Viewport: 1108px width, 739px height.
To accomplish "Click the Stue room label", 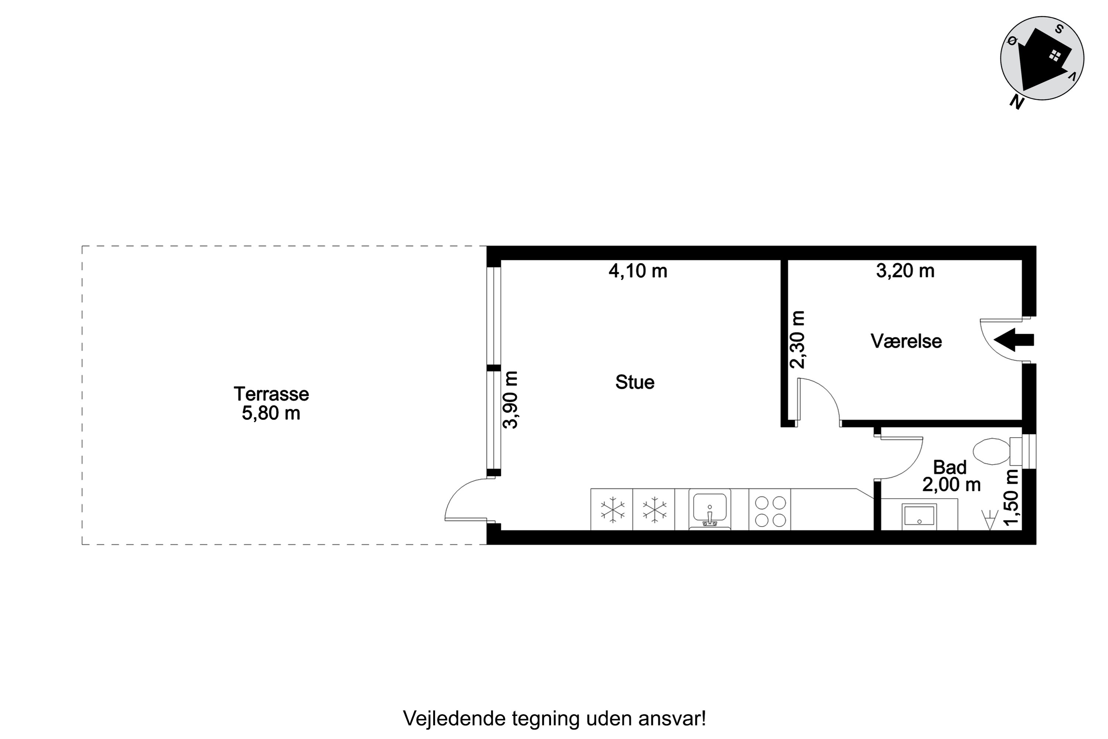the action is click(635, 382).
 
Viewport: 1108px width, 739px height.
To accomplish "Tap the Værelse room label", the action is click(906, 341).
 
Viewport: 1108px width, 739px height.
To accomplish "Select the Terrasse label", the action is click(271, 394).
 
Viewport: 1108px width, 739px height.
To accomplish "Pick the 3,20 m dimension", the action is click(905, 271).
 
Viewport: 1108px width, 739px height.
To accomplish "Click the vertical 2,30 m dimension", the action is click(797, 339).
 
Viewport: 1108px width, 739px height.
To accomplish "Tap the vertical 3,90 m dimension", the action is click(510, 400).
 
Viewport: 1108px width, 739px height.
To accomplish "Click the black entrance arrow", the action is click(1014, 340).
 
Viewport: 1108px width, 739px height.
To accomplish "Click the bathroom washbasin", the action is click(919, 517).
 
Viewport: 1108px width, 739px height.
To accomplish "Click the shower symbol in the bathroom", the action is click(990, 520).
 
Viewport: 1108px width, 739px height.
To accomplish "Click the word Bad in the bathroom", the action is click(950, 467).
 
